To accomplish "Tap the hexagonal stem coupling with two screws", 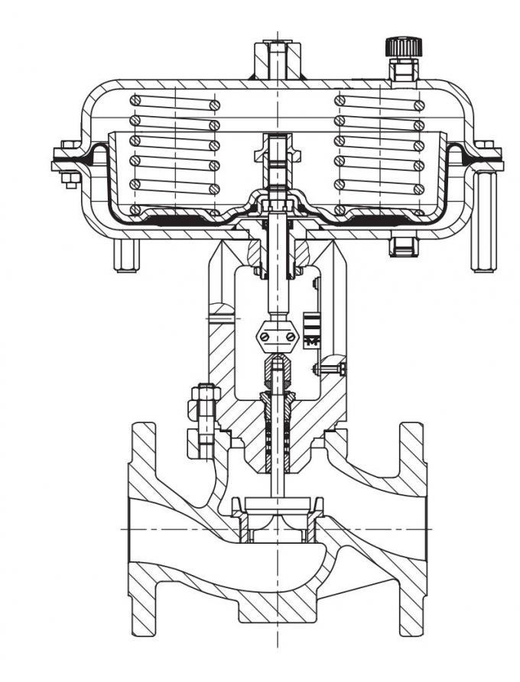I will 277,332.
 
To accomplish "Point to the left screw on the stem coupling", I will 265,332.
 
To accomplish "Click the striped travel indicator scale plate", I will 311,329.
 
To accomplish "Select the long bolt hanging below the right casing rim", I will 483,221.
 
